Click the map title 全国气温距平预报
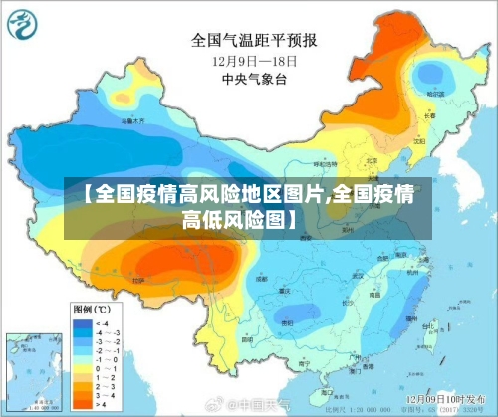(x=255, y=41)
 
